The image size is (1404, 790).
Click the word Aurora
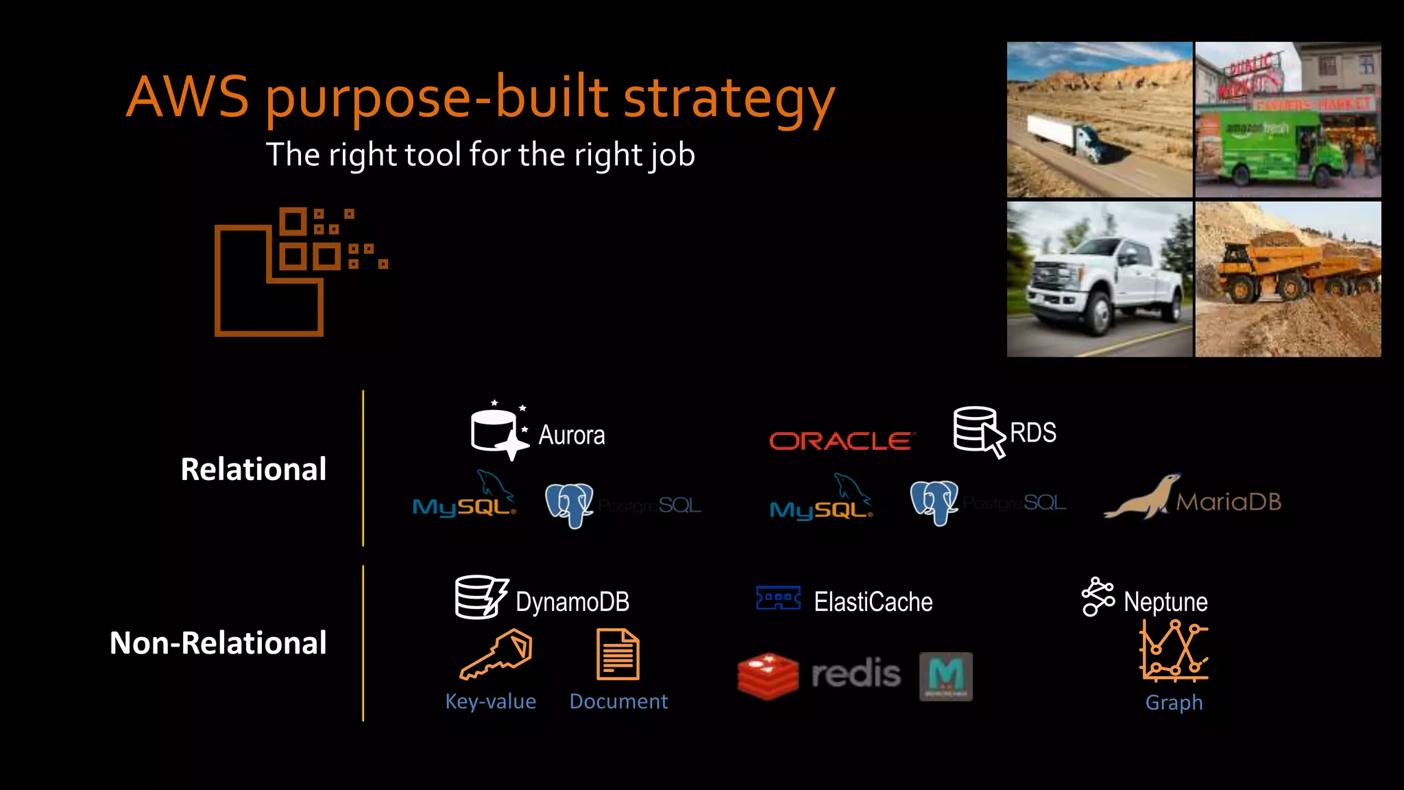[x=571, y=435]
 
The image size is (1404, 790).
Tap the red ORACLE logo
[x=841, y=441]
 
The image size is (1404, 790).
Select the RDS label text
[x=1032, y=433]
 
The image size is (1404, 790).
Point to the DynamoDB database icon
[x=481, y=597]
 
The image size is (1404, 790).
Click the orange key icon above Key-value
[x=496, y=654]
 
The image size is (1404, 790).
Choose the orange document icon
[x=618, y=654]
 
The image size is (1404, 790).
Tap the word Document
[x=618, y=702]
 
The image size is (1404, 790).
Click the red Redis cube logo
[x=768, y=675]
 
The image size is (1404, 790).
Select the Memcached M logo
[x=945, y=676]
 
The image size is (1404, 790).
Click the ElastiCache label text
[x=873, y=602]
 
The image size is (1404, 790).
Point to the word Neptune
[x=1165, y=602]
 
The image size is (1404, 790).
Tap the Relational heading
[x=254, y=470]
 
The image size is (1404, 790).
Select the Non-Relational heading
[x=218, y=643]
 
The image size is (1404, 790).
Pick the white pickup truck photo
[x=1100, y=280]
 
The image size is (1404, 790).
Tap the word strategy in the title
[x=729, y=97]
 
